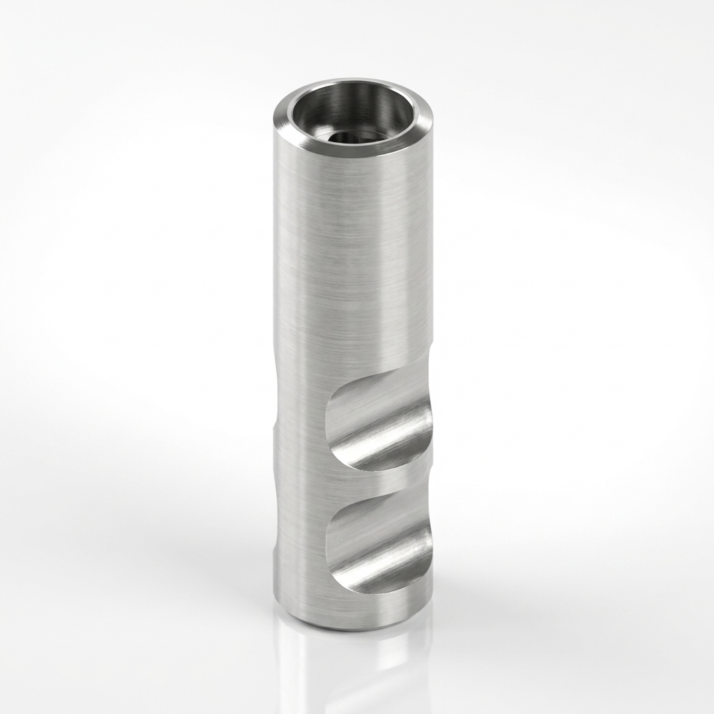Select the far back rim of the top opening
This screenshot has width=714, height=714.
click(356, 84)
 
